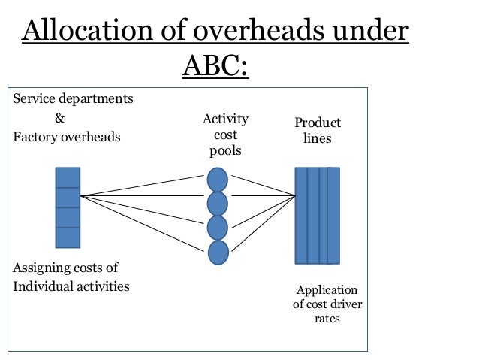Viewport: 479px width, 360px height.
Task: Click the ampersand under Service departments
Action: point(60,119)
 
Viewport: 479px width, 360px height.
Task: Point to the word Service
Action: point(32,99)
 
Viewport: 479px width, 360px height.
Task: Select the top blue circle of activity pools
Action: point(218,179)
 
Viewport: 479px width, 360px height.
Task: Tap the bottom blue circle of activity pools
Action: point(218,252)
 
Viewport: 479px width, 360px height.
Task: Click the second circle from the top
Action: point(218,203)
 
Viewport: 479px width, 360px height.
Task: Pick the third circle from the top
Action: point(218,228)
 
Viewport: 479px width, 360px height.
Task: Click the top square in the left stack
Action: point(68,177)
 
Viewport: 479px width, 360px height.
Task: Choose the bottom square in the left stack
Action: point(68,237)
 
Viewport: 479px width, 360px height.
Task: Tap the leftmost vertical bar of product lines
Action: point(300,216)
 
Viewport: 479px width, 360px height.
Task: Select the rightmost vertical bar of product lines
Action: point(334,216)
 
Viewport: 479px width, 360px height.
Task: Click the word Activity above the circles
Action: point(225,120)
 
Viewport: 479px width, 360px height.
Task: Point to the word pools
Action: point(225,152)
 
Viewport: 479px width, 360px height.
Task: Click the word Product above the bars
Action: point(318,123)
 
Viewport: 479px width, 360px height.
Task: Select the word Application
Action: point(327,291)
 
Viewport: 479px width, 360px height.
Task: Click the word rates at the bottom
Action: point(327,319)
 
